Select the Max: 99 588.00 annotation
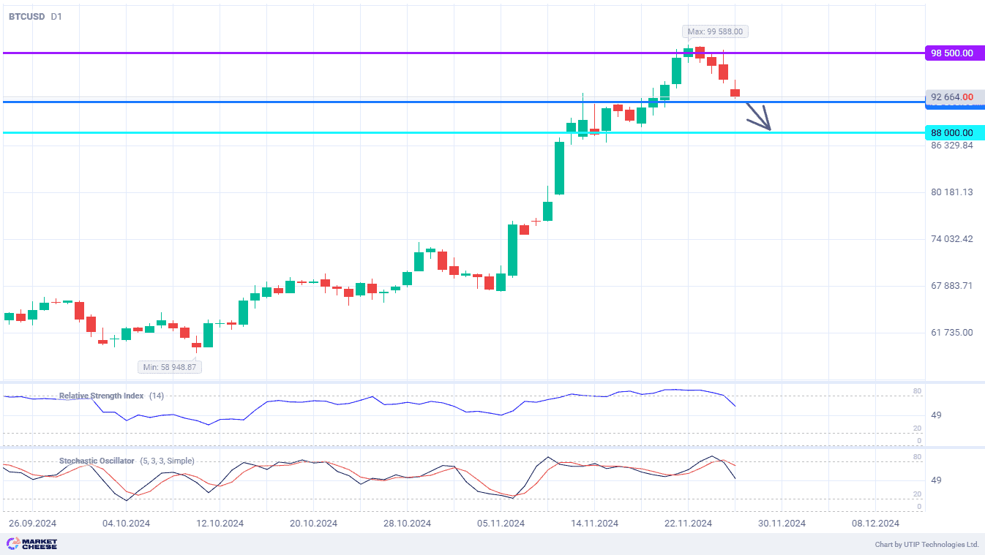pos(716,31)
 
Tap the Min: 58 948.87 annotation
pos(170,366)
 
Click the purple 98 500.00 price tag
pos(954,53)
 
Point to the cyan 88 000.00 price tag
pos(954,132)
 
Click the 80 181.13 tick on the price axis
pos(951,192)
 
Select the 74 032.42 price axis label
pos(951,239)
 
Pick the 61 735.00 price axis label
pos(951,333)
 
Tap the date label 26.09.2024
pos(32,524)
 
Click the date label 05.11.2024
pos(501,524)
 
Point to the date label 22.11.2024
pos(689,524)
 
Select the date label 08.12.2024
pos(875,524)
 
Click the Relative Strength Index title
pos(101,396)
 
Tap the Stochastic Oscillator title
pos(97,461)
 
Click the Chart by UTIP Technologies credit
pos(926,545)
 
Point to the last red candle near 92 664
pos(735,93)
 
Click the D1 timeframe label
pos(57,16)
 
